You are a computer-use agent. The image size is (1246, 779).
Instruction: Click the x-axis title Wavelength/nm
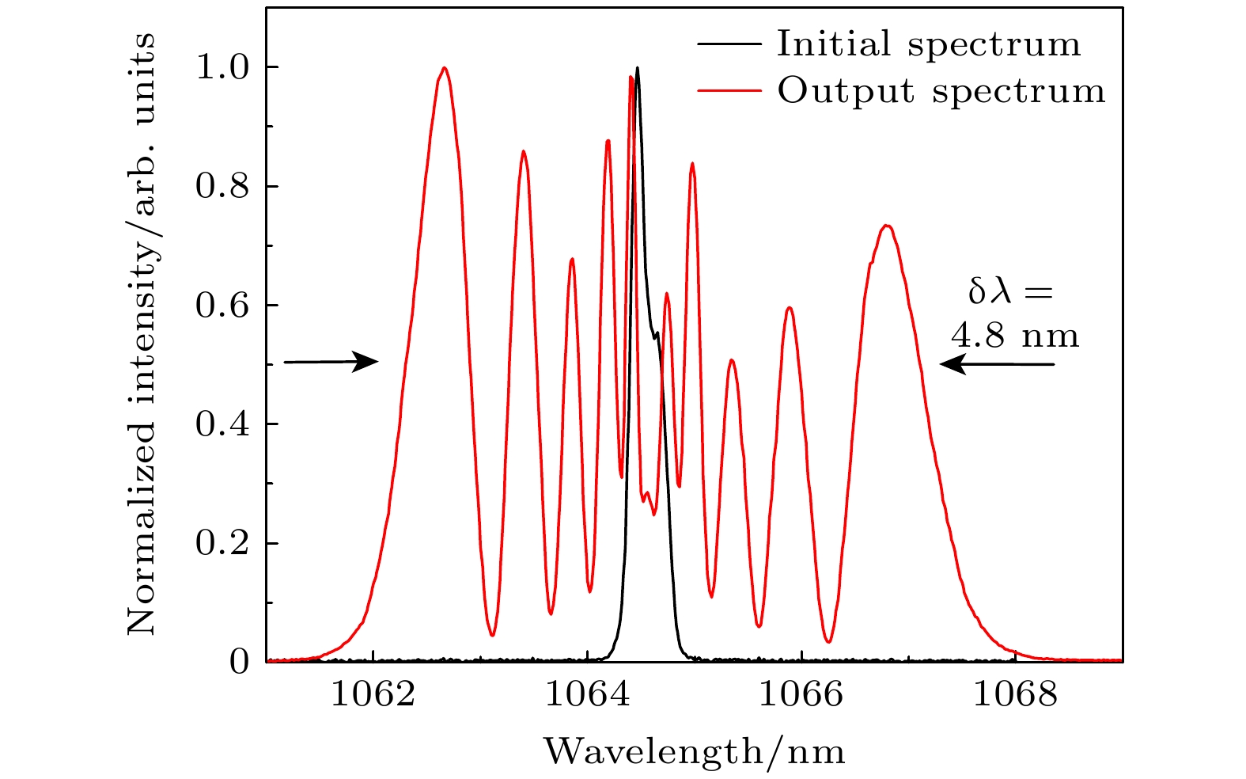tap(694, 750)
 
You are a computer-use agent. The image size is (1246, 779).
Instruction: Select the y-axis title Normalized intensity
tap(141, 333)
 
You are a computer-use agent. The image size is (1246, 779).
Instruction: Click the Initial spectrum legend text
tap(929, 44)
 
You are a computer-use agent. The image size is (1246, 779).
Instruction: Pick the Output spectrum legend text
tap(941, 91)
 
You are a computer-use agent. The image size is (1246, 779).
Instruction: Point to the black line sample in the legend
tap(729, 44)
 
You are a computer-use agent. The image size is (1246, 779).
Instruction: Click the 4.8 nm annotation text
tap(1015, 336)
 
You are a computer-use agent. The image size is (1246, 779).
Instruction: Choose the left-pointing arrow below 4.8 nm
tap(997, 364)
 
